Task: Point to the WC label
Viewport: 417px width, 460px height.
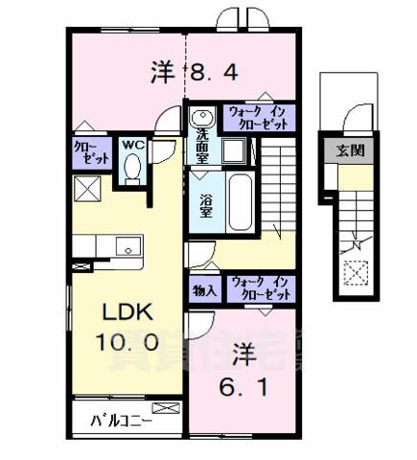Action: [132, 147]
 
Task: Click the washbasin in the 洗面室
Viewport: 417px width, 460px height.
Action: [201, 119]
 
